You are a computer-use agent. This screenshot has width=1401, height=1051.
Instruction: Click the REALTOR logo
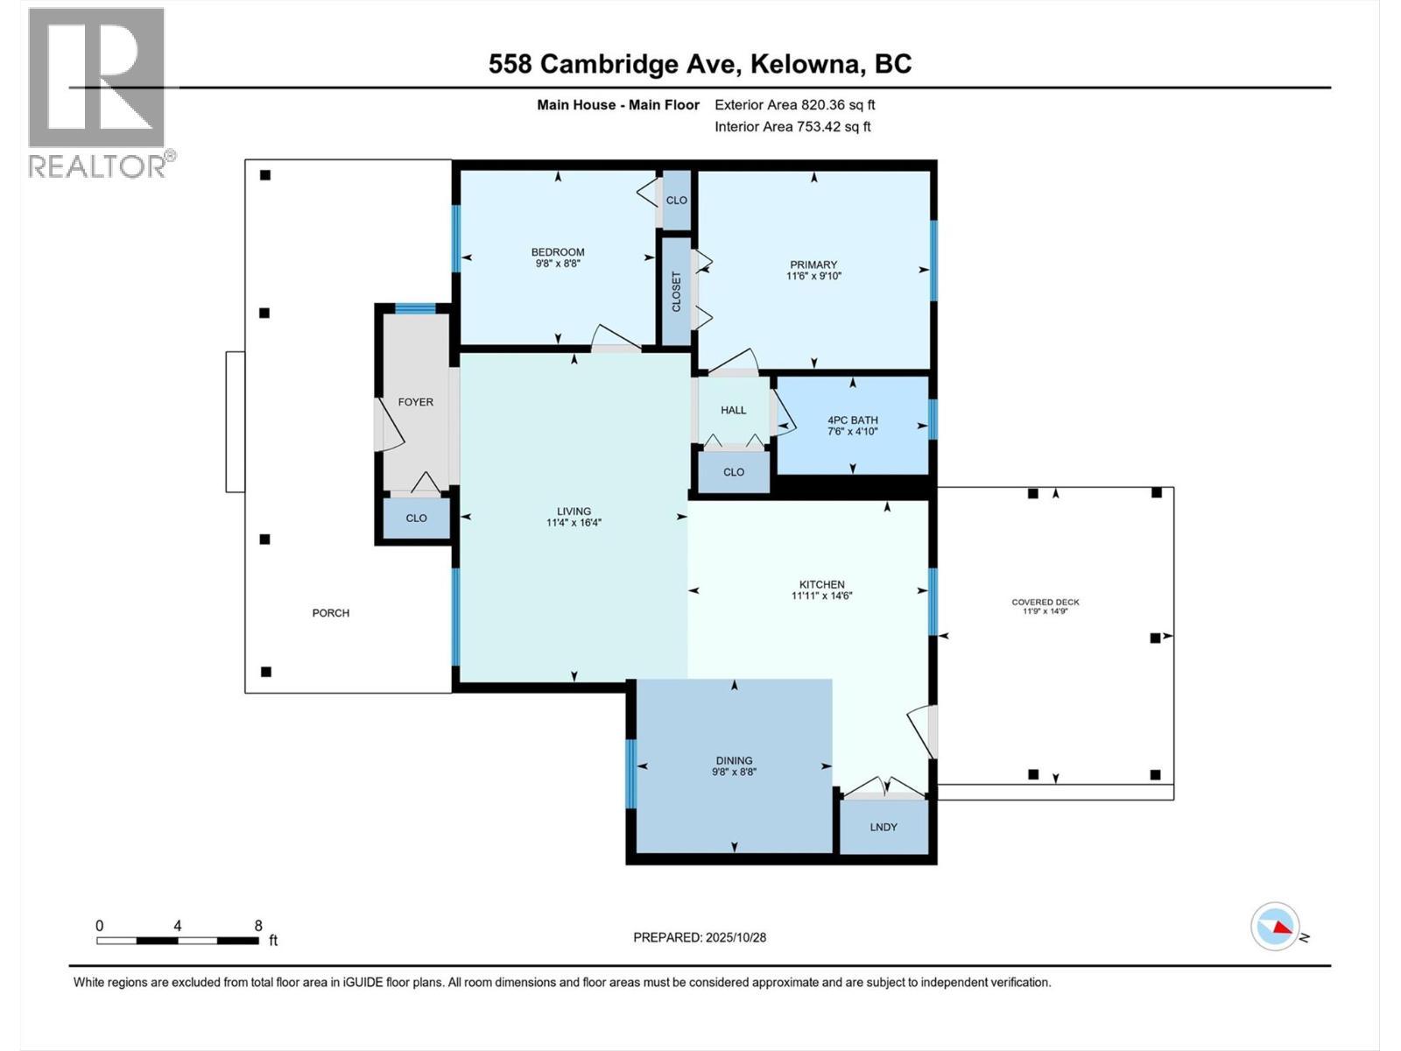[x=97, y=92]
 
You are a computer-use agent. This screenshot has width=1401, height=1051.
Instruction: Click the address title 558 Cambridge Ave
[x=700, y=64]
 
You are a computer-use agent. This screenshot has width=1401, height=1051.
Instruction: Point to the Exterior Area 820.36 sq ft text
[x=794, y=105]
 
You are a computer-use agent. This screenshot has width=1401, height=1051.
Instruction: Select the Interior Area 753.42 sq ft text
[x=792, y=126]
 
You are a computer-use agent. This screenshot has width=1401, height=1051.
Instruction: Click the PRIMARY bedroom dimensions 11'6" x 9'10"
[x=813, y=276]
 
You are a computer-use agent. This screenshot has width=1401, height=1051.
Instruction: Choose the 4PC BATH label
[x=852, y=420]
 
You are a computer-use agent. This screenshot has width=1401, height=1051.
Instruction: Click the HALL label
[x=733, y=410]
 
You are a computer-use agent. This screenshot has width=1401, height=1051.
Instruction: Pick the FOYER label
[x=415, y=402]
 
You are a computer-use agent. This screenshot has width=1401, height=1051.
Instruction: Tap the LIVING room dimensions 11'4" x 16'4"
[x=574, y=523]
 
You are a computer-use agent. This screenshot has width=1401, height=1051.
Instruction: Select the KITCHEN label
[x=821, y=584]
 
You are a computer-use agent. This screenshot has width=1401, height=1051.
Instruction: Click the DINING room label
[x=733, y=760]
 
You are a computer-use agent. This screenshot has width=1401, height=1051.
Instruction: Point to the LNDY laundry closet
[x=884, y=827]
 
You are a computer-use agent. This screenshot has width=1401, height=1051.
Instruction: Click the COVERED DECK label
[x=1045, y=602]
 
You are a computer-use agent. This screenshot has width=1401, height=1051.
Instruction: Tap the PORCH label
[x=330, y=613]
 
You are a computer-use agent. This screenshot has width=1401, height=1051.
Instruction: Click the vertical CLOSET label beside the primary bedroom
[x=676, y=292]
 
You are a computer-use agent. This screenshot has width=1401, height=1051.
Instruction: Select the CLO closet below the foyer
[x=416, y=518]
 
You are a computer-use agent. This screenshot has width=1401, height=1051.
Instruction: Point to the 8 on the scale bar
[x=258, y=926]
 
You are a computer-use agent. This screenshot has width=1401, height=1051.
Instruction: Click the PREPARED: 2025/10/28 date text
[x=700, y=937]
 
